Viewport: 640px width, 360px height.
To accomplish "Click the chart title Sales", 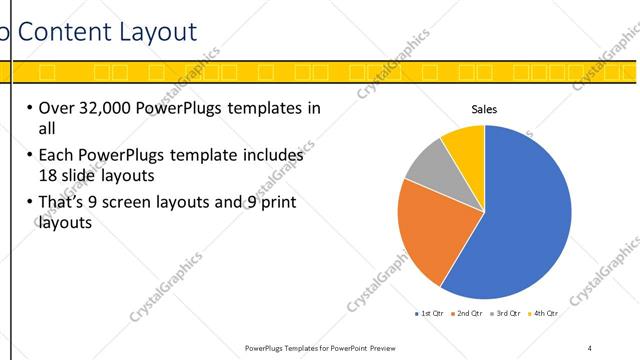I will [x=484, y=110].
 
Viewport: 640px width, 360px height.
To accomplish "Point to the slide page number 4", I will [x=589, y=347].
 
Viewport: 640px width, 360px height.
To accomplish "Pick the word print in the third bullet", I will [x=302, y=203].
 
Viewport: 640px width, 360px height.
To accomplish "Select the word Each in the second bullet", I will [x=55, y=156].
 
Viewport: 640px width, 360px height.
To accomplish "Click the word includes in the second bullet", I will [x=266, y=156].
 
